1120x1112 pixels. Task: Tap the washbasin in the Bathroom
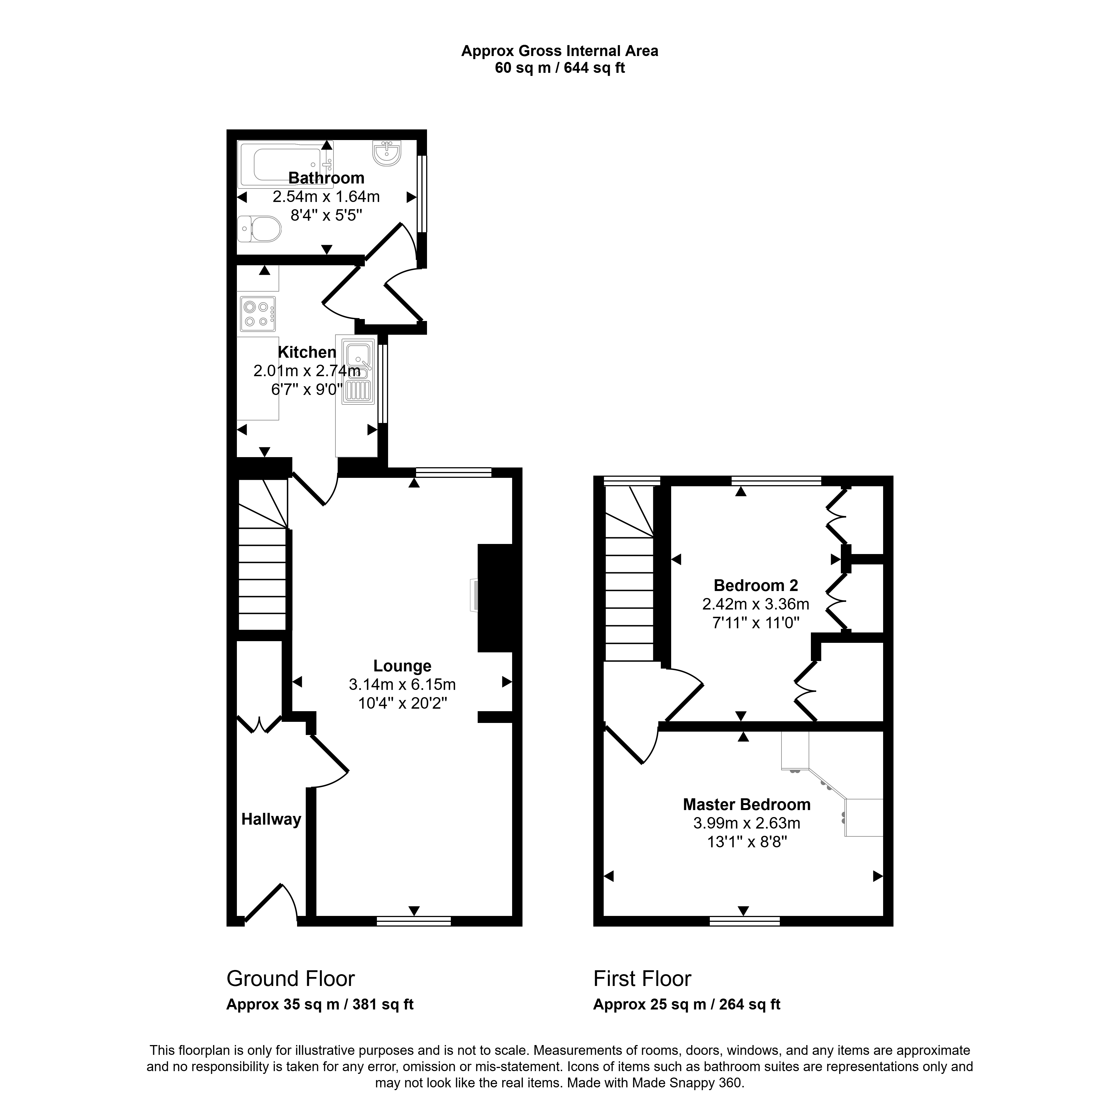(387, 153)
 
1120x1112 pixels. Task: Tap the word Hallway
(271, 819)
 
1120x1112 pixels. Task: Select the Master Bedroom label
(747, 805)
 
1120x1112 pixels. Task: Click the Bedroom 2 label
(756, 586)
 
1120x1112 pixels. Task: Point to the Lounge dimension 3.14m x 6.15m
(402, 685)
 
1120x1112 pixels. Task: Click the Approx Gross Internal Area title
(559, 51)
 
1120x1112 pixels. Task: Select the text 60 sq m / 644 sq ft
(559, 68)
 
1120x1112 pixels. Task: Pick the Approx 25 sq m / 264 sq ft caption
(686, 1005)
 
